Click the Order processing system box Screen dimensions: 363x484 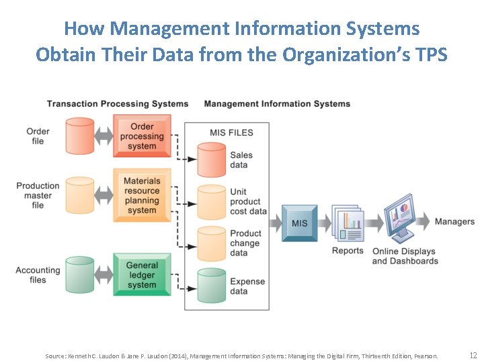coord(142,136)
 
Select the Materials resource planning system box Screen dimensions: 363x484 coord(142,195)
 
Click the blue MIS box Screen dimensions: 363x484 coord(299,223)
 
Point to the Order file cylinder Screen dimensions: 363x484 coord(80,136)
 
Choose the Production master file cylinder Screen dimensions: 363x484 coord(80,196)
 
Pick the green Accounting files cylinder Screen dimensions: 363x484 coord(80,275)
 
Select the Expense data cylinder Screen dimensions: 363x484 coord(211,286)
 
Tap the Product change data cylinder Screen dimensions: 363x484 coord(211,244)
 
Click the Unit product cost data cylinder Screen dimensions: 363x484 coord(211,202)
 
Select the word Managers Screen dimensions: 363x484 coord(454,222)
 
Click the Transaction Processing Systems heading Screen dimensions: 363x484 coord(118,104)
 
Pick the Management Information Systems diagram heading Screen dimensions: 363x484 coord(277,104)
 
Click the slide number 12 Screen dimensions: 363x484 coord(473,355)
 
